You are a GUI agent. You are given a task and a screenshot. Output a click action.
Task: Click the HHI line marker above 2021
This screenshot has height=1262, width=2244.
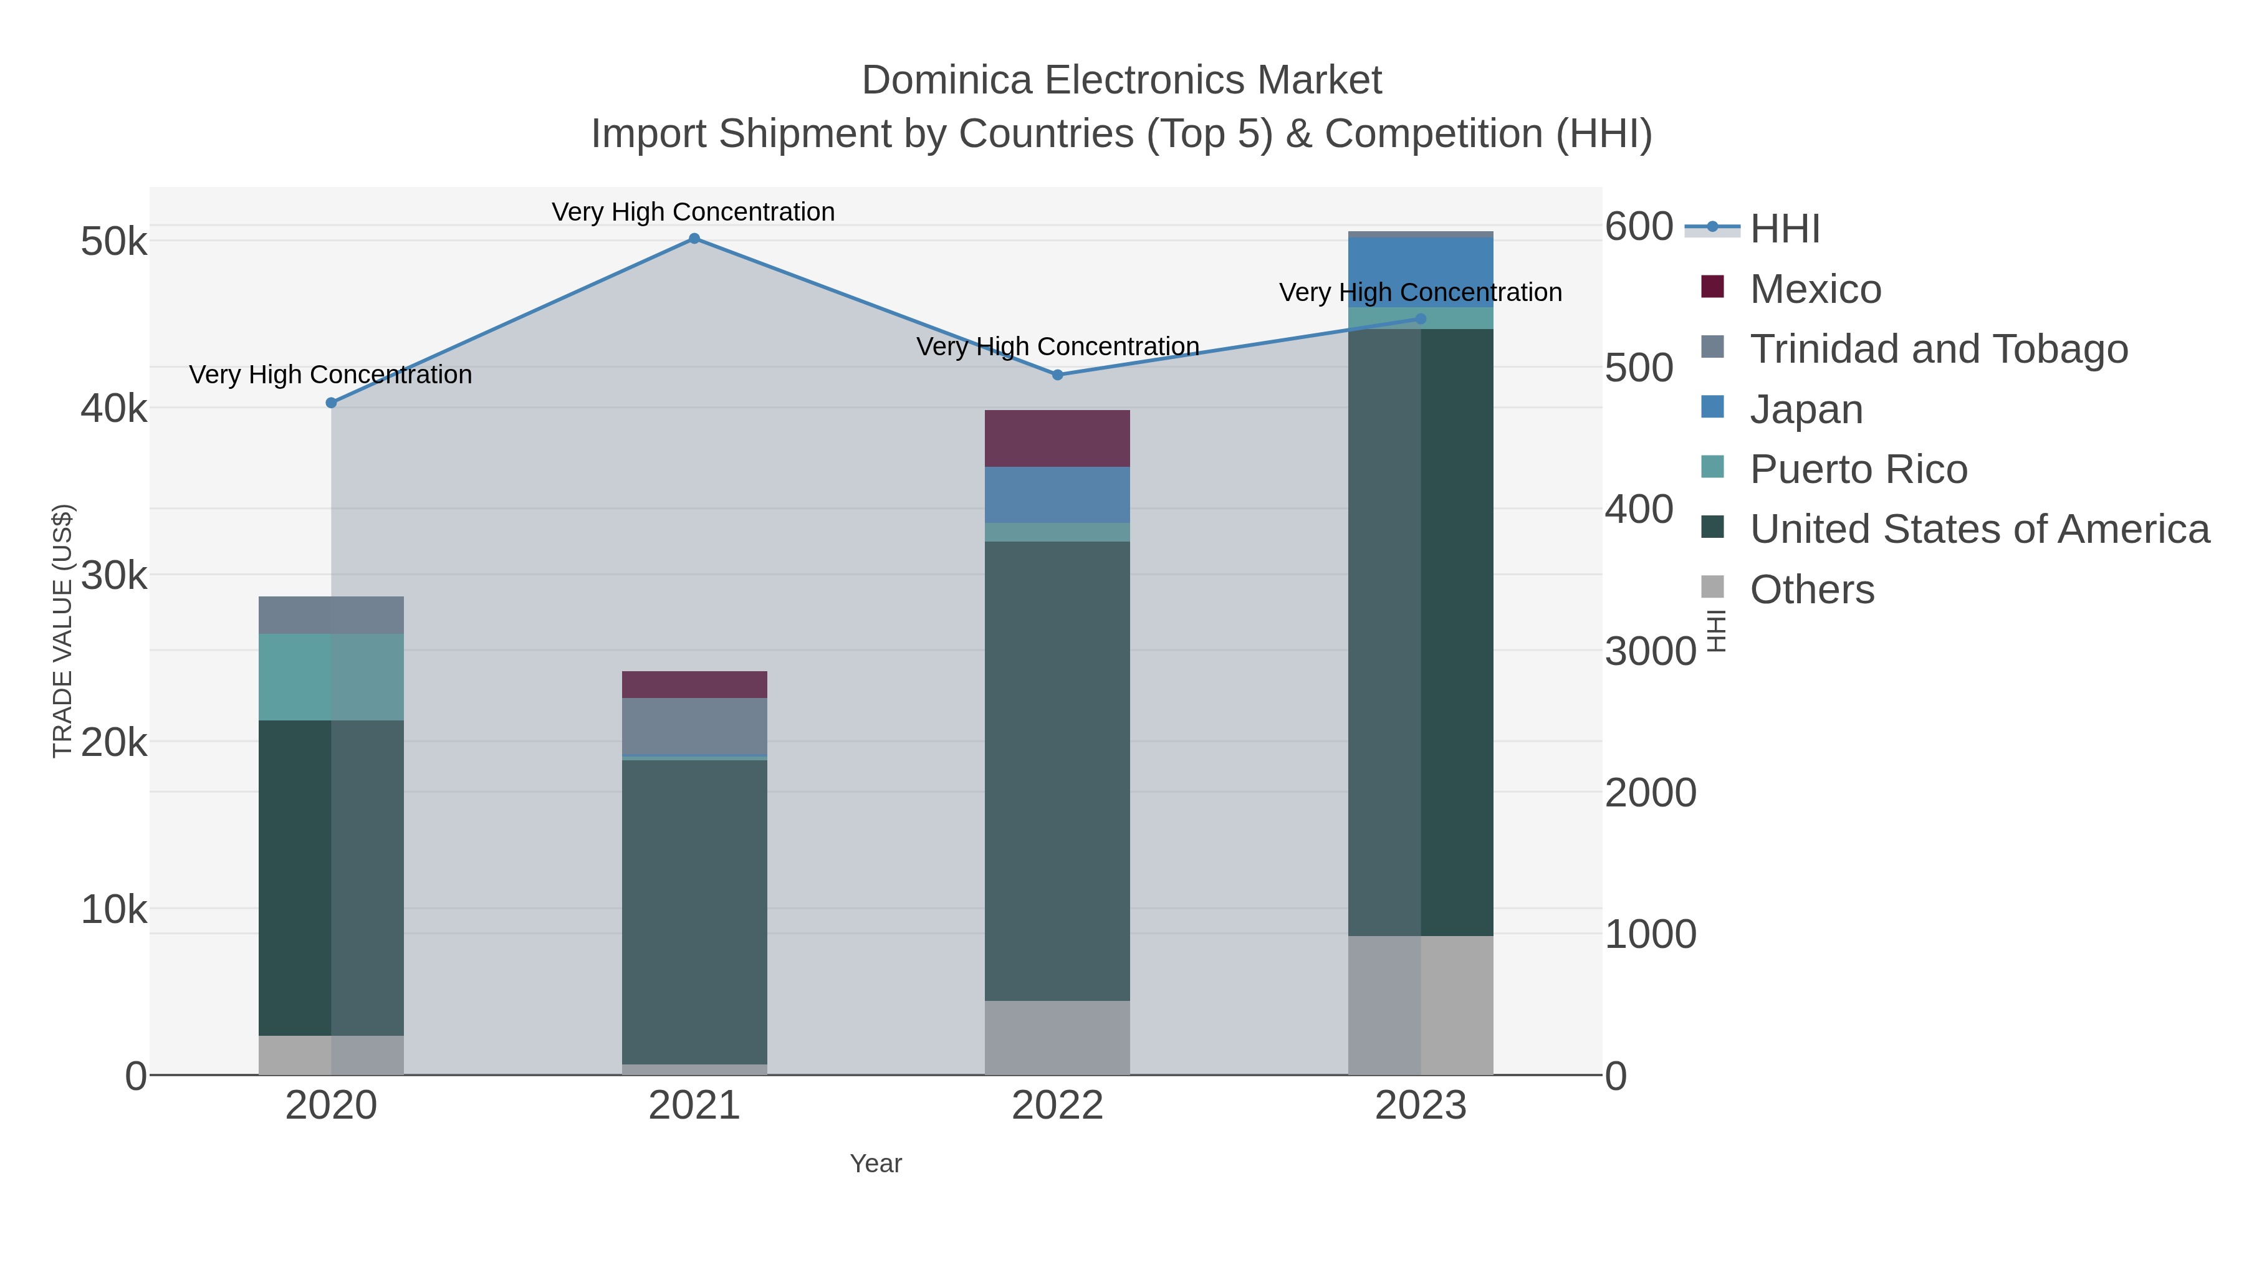pos(694,238)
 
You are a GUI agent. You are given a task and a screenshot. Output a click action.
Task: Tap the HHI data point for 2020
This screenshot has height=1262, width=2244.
pos(331,403)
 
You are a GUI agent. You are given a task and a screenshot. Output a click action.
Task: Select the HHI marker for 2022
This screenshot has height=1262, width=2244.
pos(1058,375)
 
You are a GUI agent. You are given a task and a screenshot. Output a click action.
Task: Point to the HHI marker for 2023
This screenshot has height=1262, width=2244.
pos(1421,318)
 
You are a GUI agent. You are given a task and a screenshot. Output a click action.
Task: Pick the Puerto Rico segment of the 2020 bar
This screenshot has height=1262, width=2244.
pos(331,677)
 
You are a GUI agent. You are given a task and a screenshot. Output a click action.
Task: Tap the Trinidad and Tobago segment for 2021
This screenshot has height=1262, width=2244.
pos(694,725)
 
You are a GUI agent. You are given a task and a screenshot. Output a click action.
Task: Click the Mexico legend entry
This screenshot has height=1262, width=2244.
pos(1815,289)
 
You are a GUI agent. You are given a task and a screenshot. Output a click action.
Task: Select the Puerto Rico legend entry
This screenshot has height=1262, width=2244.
pos(1858,469)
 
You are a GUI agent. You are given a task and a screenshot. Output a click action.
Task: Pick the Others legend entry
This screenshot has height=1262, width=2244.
pos(1811,590)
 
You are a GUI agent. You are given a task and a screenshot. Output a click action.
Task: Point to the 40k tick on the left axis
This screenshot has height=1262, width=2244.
pos(114,408)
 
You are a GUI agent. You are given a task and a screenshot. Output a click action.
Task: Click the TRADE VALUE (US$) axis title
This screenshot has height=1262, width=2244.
pos(63,631)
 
